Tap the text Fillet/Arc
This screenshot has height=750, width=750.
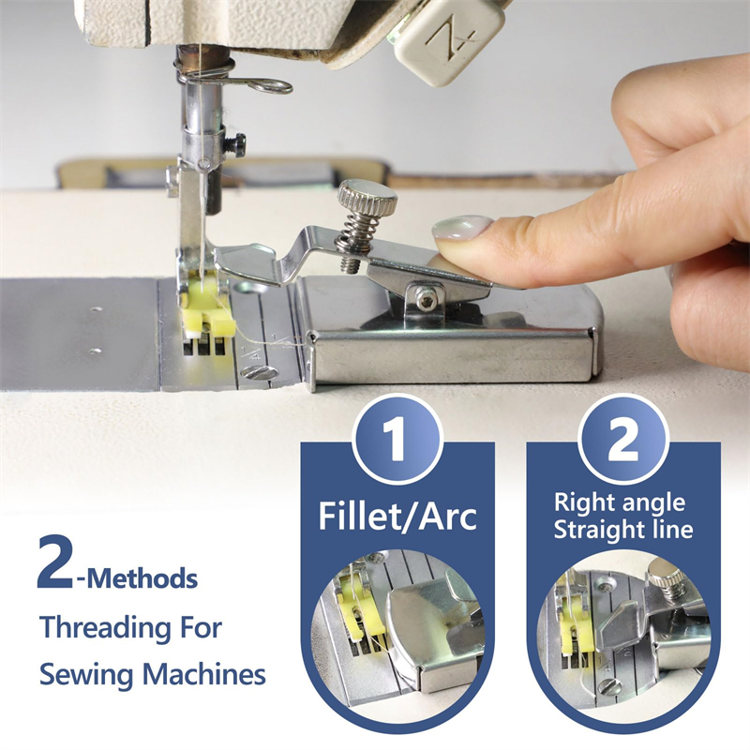tap(397, 517)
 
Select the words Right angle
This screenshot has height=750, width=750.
tap(620, 503)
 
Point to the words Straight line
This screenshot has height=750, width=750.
tap(622, 529)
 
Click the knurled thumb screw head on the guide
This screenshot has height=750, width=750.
tap(367, 198)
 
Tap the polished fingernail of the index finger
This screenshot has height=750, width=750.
tap(461, 229)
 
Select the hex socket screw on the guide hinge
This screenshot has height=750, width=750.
tap(427, 299)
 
